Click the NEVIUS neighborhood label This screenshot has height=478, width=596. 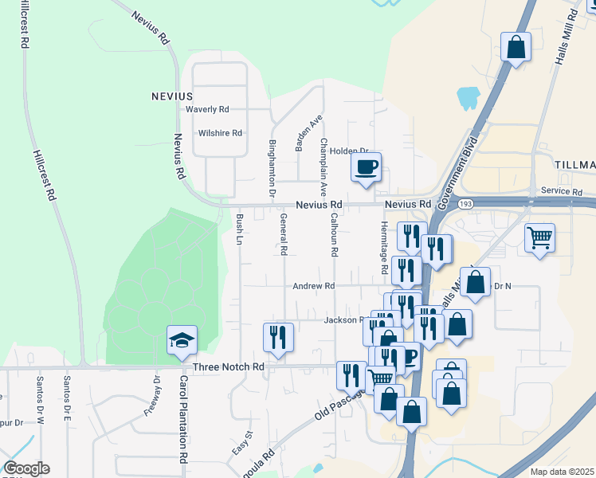[x=172, y=96]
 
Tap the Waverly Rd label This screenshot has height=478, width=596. [x=207, y=110]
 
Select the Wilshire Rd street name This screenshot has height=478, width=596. [x=220, y=133]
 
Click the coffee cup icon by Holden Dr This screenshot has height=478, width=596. [x=366, y=167]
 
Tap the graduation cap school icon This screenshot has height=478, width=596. [x=182, y=341]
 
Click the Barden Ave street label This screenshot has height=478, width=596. [x=309, y=132]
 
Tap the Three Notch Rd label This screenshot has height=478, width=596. [x=228, y=366]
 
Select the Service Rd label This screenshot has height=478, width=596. [x=561, y=192]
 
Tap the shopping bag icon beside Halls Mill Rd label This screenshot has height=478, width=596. [x=516, y=46]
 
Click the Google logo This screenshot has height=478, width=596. [x=25, y=468]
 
